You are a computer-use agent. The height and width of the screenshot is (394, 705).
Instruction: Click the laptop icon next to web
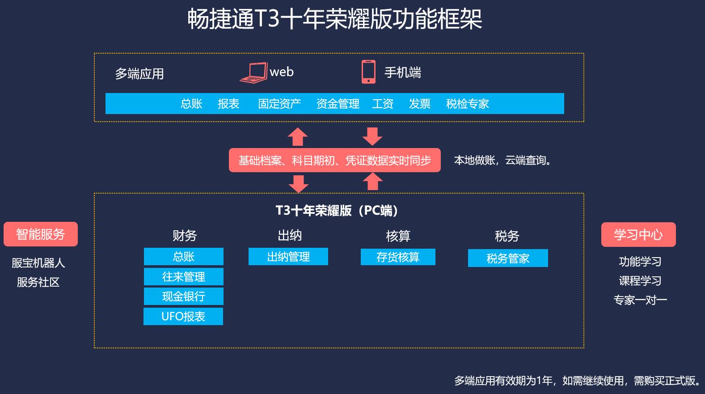pyautogui.click(x=253, y=72)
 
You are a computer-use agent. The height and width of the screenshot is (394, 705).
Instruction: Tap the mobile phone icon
pyautogui.click(x=368, y=72)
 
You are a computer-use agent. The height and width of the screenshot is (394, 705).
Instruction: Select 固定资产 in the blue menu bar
pyautogui.click(x=279, y=104)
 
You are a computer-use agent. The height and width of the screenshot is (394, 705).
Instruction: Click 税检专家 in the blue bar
pyautogui.click(x=467, y=104)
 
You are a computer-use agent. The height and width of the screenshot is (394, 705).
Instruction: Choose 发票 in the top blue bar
pyautogui.click(x=419, y=104)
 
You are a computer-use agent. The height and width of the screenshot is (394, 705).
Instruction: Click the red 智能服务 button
pyautogui.click(x=41, y=234)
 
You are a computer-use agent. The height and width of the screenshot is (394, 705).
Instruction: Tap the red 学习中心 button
pyautogui.click(x=638, y=234)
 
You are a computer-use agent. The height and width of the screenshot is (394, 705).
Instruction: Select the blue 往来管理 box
pyautogui.click(x=183, y=276)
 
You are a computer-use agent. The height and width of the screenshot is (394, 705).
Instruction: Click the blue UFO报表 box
pyautogui.click(x=183, y=316)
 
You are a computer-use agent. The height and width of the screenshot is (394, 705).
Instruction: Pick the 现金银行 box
pyautogui.click(x=183, y=296)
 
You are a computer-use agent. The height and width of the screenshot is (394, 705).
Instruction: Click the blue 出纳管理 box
pyautogui.click(x=288, y=257)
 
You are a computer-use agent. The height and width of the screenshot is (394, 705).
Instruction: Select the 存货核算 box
pyautogui.click(x=398, y=257)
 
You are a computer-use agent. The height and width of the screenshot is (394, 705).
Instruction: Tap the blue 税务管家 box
pyautogui.click(x=508, y=258)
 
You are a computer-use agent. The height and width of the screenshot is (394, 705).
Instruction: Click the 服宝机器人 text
pyautogui.click(x=38, y=263)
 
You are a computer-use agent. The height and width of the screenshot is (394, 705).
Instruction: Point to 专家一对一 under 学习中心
pyautogui.click(x=640, y=300)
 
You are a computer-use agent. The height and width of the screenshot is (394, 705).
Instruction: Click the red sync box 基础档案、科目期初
pyautogui.click(x=334, y=160)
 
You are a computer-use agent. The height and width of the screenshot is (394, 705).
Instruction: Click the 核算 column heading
pyautogui.click(x=398, y=236)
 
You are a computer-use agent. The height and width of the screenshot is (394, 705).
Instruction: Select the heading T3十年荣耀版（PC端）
pyautogui.click(x=338, y=210)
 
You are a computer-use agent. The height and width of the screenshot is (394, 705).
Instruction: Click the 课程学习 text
pyautogui.click(x=640, y=281)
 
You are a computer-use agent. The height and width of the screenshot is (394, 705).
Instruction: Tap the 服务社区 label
pyautogui.click(x=38, y=282)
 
